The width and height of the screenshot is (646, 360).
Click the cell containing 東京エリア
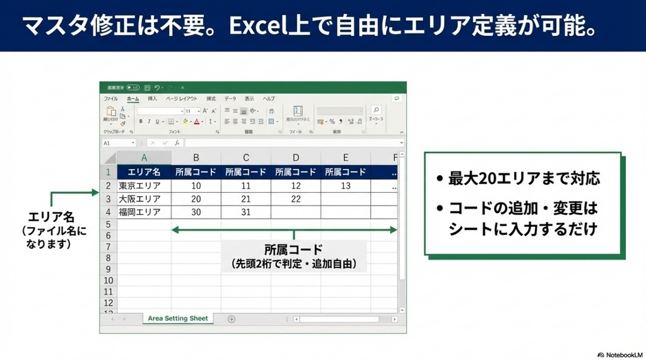coord(144,186)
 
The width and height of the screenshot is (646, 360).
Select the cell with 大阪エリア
coord(144,199)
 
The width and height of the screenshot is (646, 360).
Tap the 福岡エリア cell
coord(144,212)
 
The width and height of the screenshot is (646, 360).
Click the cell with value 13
coord(345,186)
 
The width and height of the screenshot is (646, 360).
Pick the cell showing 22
coord(296,199)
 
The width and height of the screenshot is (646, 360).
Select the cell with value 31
coord(246,212)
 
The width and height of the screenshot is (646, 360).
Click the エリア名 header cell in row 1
coord(144,172)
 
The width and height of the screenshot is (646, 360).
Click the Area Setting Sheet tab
coord(178,318)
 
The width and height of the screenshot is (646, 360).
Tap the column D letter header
coord(296,158)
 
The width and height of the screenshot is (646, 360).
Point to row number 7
coord(108,247)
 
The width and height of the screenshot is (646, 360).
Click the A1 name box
coord(117,143)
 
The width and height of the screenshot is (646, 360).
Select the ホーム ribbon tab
coord(133,99)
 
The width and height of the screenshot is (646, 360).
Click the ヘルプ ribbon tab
coord(269,99)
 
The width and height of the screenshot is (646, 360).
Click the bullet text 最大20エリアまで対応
coord(524,178)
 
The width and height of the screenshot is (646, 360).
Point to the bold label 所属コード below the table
coord(293,249)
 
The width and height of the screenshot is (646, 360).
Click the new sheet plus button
coord(231,319)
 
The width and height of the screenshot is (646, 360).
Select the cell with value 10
coord(196,186)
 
